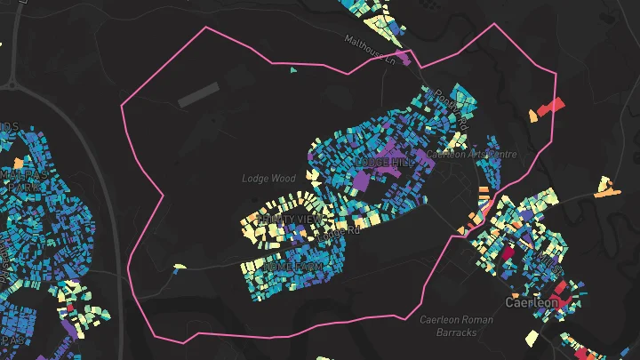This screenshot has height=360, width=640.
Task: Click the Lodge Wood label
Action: [x=268, y=179]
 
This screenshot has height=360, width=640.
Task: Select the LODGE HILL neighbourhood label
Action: [x=385, y=164]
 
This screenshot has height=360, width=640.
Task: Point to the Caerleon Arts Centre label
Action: [x=471, y=154]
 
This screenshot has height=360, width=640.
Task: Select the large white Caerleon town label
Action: [x=532, y=303]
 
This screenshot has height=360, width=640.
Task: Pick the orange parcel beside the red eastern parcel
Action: [x=533, y=115]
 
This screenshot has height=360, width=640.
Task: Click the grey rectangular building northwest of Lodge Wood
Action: [x=197, y=95]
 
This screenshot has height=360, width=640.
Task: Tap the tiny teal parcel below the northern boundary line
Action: [x=293, y=69]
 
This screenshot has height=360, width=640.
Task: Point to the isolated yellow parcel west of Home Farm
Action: [x=180, y=266]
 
